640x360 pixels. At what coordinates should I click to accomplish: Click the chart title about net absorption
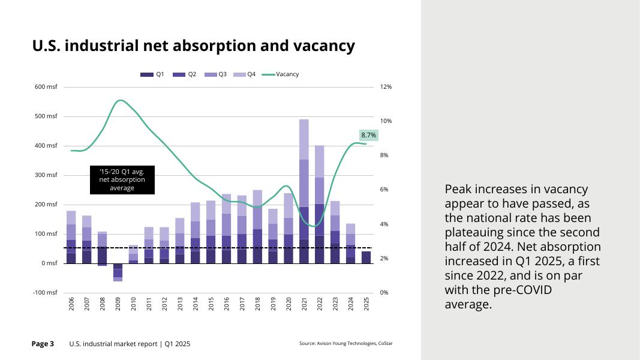click(x=193, y=46)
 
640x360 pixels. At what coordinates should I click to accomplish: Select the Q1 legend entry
click(x=152, y=74)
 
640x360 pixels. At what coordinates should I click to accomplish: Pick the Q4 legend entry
click(x=246, y=74)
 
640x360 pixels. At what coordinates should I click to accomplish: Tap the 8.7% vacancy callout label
click(x=368, y=136)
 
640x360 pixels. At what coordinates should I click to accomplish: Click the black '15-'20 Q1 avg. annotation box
click(x=122, y=179)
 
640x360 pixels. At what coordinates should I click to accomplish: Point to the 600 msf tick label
click(x=46, y=87)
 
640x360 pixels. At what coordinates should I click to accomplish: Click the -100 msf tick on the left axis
click(x=45, y=293)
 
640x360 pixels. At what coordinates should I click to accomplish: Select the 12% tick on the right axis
click(x=386, y=87)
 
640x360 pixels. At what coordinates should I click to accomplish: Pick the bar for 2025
click(x=366, y=257)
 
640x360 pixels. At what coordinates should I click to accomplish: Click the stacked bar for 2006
click(x=71, y=237)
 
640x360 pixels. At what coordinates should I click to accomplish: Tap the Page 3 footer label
click(x=43, y=344)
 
